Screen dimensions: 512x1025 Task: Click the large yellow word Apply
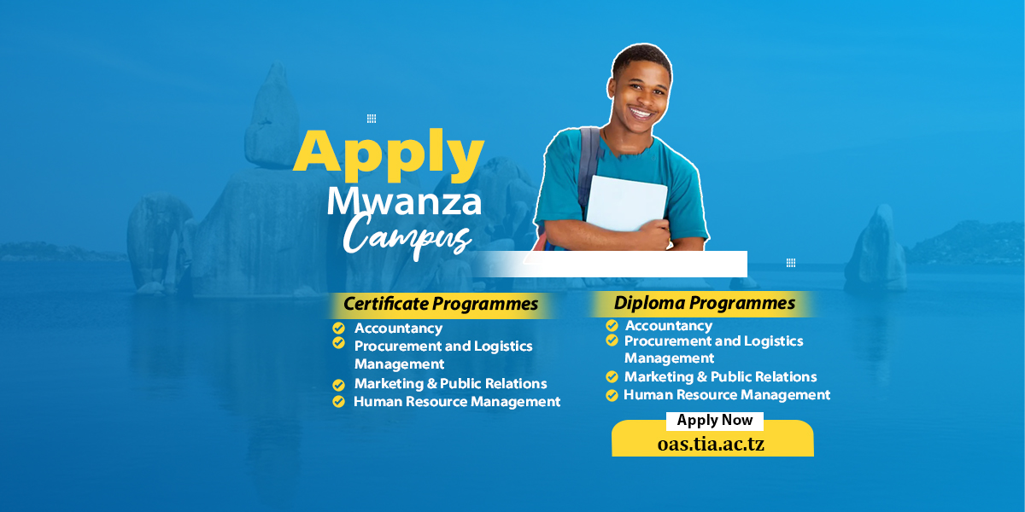pyautogui.click(x=389, y=154)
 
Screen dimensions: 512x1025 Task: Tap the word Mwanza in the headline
pyautogui.click(x=404, y=201)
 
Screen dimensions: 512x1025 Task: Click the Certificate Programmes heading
pyautogui.click(x=441, y=304)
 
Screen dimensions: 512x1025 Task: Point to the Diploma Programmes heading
pyautogui.click(x=704, y=303)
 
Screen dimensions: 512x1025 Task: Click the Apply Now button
pyautogui.click(x=715, y=420)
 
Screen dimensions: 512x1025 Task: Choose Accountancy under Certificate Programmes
pyautogui.click(x=398, y=329)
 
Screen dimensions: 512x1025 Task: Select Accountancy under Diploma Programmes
pyautogui.click(x=668, y=325)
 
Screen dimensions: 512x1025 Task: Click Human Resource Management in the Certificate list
pyautogui.click(x=457, y=401)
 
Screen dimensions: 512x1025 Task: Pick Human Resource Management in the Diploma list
pyautogui.click(x=727, y=395)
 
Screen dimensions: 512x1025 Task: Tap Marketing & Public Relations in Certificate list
pyautogui.click(x=450, y=384)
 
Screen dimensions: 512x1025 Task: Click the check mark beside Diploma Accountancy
pyautogui.click(x=612, y=326)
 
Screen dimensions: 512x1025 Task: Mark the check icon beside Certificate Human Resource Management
pyautogui.click(x=339, y=402)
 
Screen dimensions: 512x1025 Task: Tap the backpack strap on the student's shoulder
pyautogui.click(x=589, y=162)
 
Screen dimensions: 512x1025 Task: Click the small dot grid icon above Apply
pyautogui.click(x=372, y=119)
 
